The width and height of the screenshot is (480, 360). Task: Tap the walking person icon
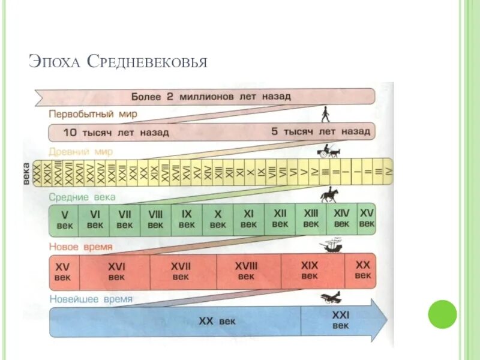(x=325, y=113)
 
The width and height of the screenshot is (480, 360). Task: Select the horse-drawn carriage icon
(x=329, y=151)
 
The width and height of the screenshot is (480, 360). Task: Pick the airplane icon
(x=331, y=296)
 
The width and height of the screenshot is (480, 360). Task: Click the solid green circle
(x=442, y=314)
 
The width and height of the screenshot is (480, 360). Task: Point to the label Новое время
(x=81, y=247)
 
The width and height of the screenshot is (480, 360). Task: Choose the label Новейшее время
(x=90, y=298)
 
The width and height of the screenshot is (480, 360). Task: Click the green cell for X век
(x=218, y=220)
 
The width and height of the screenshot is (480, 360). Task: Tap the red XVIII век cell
(x=246, y=271)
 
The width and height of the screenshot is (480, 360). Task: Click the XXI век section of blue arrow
(x=340, y=320)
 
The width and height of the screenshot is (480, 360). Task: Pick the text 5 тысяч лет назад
(x=320, y=131)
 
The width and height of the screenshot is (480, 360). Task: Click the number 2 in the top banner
(x=170, y=96)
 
